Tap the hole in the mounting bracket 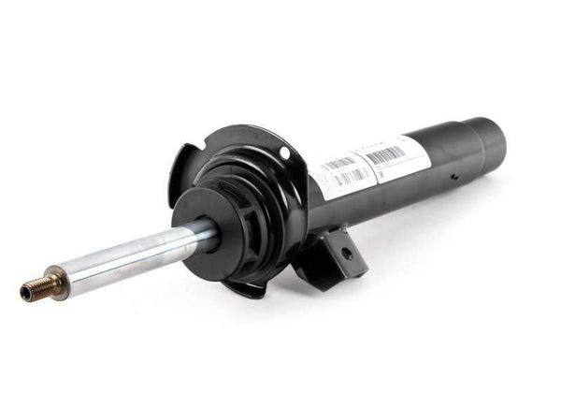[345, 253]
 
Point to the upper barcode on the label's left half [338, 164]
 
